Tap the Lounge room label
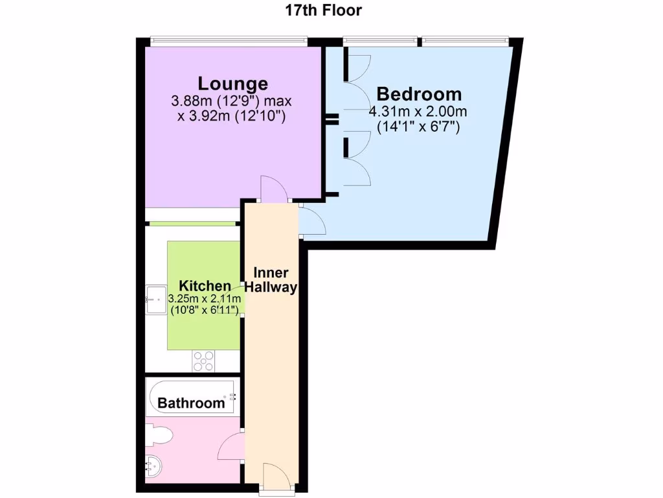[x=232, y=84]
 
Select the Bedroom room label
[x=419, y=94]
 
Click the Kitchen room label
[x=205, y=286]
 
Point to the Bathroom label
[x=191, y=403]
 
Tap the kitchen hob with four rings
[x=204, y=361]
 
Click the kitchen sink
[x=155, y=300]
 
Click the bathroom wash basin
[x=153, y=465]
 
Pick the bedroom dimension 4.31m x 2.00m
[x=418, y=112]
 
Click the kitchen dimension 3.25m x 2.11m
[x=205, y=299]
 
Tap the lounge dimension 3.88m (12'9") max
[x=232, y=102]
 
